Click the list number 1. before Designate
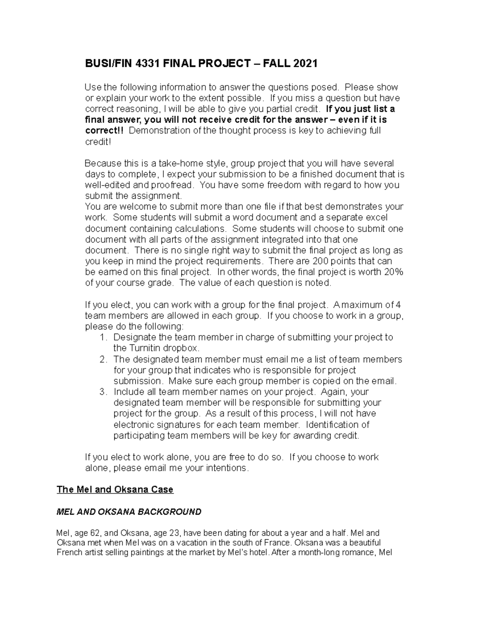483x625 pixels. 103,337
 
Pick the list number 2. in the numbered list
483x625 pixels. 103,359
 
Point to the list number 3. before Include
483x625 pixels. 103,392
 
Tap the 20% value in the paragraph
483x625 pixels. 394,272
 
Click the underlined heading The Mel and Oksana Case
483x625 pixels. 115,489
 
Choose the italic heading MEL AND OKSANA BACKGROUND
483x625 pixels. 129,512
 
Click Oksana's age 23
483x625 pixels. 173,534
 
